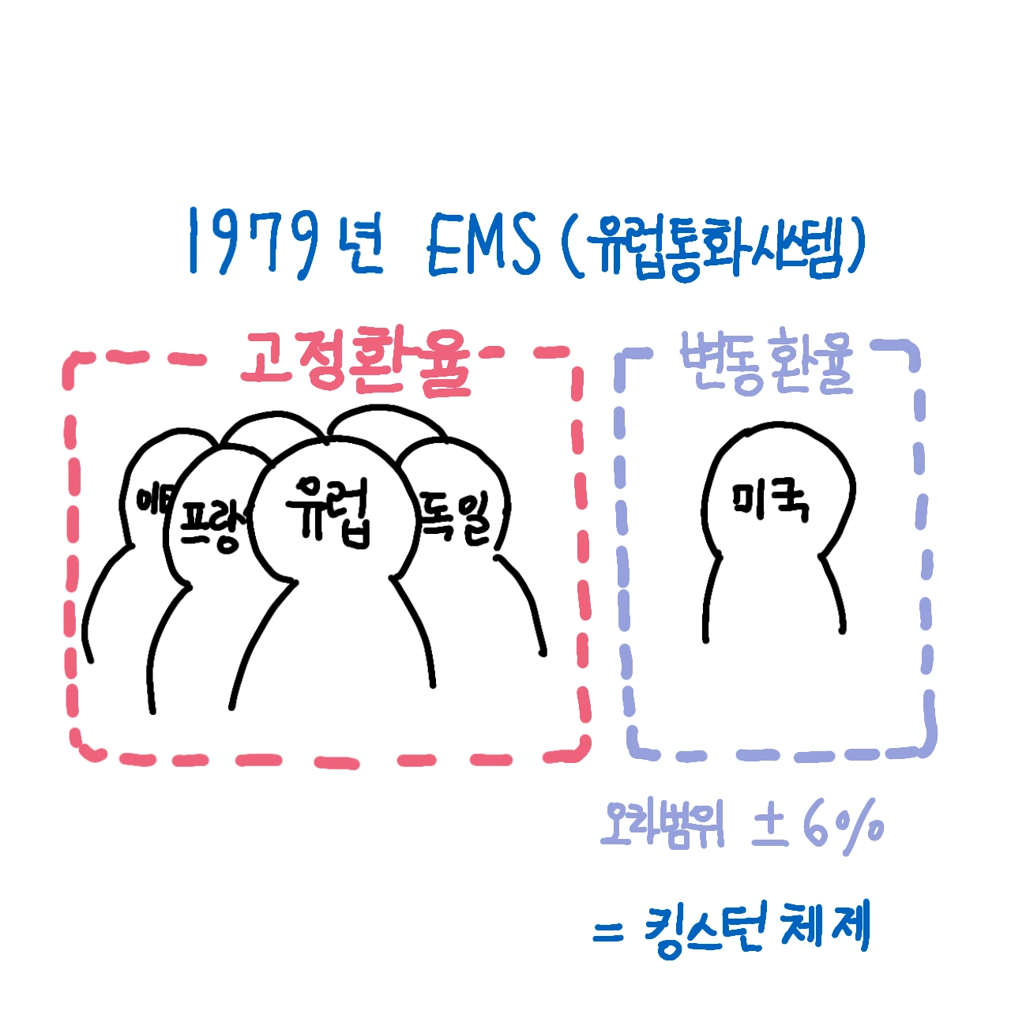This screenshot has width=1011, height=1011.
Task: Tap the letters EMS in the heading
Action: (x=483, y=244)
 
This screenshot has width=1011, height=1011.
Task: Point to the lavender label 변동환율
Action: (x=766, y=363)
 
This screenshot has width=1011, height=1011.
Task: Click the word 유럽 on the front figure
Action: (x=329, y=511)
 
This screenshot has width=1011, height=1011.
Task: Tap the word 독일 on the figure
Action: (x=456, y=517)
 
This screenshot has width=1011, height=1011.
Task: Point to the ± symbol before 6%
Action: (x=770, y=825)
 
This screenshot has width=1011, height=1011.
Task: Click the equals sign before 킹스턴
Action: (x=607, y=933)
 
